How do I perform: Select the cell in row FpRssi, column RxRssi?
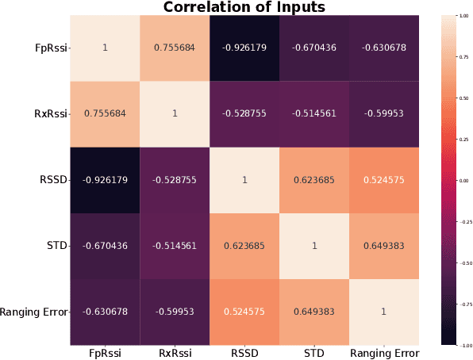coord(175,48)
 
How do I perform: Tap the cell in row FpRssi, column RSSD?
coord(244,48)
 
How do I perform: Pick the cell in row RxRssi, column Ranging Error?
coord(383,113)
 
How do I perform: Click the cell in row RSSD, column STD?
coord(313,180)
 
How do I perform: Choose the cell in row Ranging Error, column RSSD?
coord(244,312)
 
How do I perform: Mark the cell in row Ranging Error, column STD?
coord(313,312)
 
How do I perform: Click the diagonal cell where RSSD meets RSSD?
coord(244,180)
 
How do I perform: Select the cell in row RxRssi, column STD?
coord(313,113)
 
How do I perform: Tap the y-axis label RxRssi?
coord(50,114)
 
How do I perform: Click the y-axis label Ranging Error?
coord(35,312)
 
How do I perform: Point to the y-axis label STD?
coord(57,247)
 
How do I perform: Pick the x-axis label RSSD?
coord(244,352)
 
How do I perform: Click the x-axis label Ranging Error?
coord(383,352)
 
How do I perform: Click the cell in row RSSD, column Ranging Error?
coord(383,180)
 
